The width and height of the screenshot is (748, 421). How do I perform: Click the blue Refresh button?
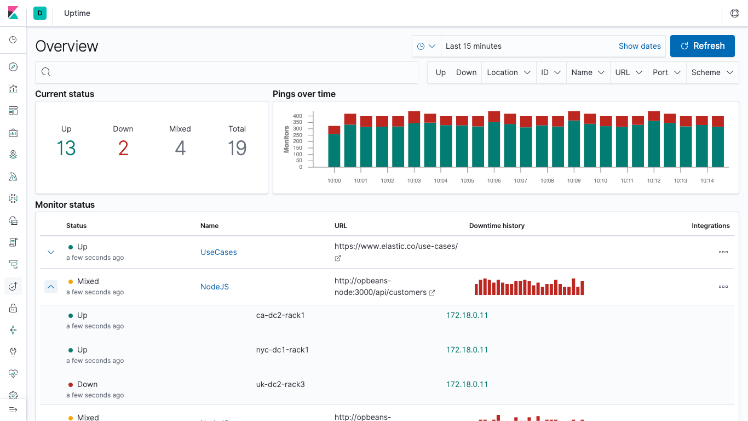(702, 46)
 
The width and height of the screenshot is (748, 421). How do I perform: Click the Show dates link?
(639, 46)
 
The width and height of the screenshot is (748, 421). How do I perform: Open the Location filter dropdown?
(508, 72)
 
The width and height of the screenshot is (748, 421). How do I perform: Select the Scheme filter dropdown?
(712, 72)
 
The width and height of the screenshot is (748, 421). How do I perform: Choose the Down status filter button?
(466, 72)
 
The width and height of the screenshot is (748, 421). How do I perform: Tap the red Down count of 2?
(123, 148)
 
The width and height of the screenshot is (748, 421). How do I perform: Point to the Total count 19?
(237, 148)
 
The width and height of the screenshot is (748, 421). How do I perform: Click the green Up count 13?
(66, 148)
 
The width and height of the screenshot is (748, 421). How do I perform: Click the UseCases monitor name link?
(218, 252)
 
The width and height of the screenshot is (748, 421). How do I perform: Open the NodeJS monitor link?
(214, 287)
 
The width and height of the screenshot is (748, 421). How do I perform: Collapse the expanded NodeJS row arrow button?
(51, 287)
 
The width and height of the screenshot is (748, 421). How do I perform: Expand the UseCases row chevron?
(51, 252)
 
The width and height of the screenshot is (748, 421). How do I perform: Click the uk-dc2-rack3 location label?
(280, 384)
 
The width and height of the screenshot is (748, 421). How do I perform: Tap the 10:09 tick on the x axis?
(573, 180)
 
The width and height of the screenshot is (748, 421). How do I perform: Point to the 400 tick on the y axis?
(297, 116)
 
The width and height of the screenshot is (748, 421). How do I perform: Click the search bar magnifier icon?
(46, 72)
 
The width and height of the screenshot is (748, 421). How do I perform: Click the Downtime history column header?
(497, 226)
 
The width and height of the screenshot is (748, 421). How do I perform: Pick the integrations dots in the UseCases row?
(723, 252)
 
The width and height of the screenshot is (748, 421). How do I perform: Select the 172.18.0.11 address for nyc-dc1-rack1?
(467, 350)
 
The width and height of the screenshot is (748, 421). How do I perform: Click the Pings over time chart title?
(304, 94)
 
